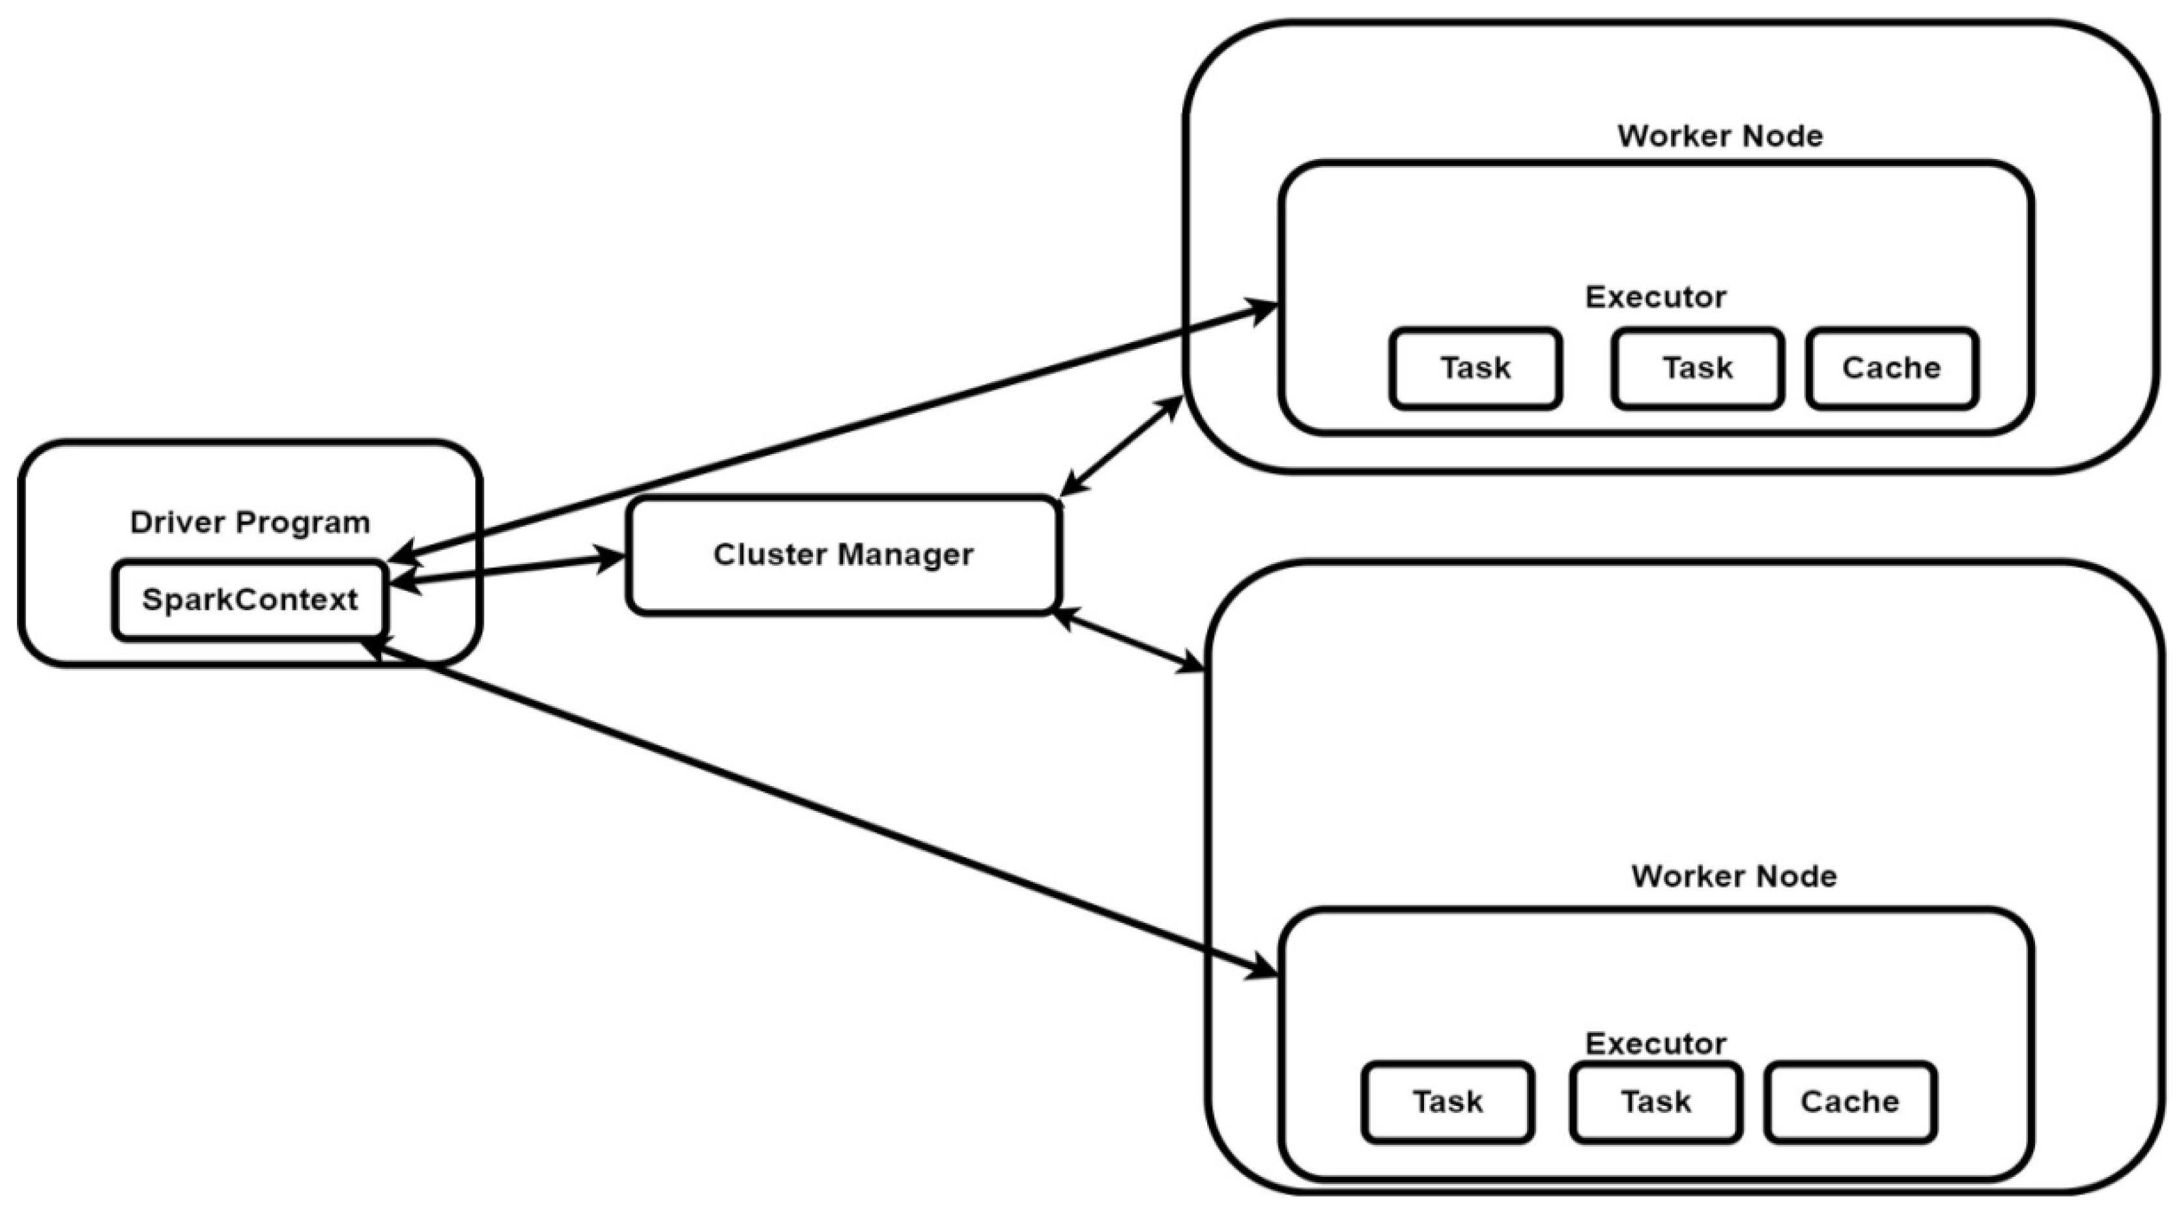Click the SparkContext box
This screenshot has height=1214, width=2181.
pyautogui.click(x=249, y=599)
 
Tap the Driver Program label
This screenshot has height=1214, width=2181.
pyautogui.click(x=249, y=522)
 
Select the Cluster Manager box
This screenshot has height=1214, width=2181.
pyautogui.click(x=843, y=554)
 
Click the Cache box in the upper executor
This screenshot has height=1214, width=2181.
pyautogui.click(x=1892, y=368)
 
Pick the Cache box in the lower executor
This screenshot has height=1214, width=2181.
pyautogui.click(x=1850, y=1101)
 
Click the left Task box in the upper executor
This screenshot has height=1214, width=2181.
pyautogui.click(x=1475, y=368)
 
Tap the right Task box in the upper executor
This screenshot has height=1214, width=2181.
pyautogui.click(x=1698, y=368)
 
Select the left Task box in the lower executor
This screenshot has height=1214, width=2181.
pyautogui.click(x=1447, y=1101)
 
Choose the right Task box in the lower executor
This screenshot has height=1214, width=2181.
pyautogui.click(x=1655, y=1101)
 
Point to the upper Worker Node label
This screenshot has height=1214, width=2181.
pyautogui.click(x=1720, y=135)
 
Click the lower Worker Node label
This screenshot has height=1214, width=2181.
pyautogui.click(x=1733, y=876)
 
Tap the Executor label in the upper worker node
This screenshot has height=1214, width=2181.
pyautogui.click(x=1655, y=296)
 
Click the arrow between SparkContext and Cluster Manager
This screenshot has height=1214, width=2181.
pyautogui.click(x=508, y=569)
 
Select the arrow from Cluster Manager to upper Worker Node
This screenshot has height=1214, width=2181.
pyautogui.click(x=1122, y=445)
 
